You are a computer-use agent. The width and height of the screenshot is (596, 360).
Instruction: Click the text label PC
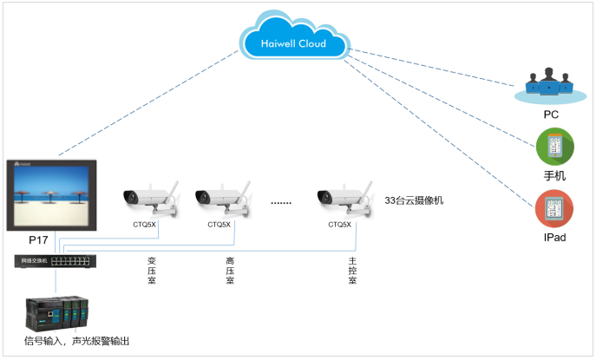[x=550, y=114]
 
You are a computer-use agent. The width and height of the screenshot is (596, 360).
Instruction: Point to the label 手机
[x=553, y=175]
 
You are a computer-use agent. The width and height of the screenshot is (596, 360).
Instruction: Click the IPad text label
[x=553, y=237]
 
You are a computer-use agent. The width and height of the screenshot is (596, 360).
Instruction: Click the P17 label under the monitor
[x=39, y=239]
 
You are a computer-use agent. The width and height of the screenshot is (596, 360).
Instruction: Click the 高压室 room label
[x=231, y=271]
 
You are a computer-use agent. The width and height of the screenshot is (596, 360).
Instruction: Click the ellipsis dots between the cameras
[x=281, y=201]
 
